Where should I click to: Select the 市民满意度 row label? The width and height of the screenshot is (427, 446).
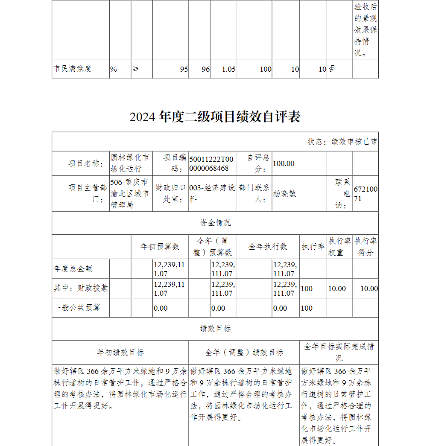[73, 69]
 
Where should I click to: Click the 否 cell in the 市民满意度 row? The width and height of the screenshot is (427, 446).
[331, 69]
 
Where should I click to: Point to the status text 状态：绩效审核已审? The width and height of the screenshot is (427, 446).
[342, 142]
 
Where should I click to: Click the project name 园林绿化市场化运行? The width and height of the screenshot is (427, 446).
[130, 163]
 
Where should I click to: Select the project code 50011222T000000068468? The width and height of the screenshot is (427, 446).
[211, 163]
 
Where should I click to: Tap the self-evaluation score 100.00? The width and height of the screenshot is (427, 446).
[284, 163]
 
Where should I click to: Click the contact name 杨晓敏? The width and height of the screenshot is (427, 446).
[284, 193]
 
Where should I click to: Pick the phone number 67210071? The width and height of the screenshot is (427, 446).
[365, 193]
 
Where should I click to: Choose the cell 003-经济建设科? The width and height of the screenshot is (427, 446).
[211, 193]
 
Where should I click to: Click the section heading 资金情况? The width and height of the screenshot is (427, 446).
[215, 223]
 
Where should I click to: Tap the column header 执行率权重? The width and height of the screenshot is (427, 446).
[339, 247]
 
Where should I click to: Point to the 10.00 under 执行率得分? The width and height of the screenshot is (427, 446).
[369, 289]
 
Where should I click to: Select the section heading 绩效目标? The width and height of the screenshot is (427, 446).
[215, 329]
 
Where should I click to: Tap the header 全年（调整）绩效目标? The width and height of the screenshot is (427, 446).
[244, 353]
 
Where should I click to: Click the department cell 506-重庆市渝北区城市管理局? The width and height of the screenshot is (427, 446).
[130, 193]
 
